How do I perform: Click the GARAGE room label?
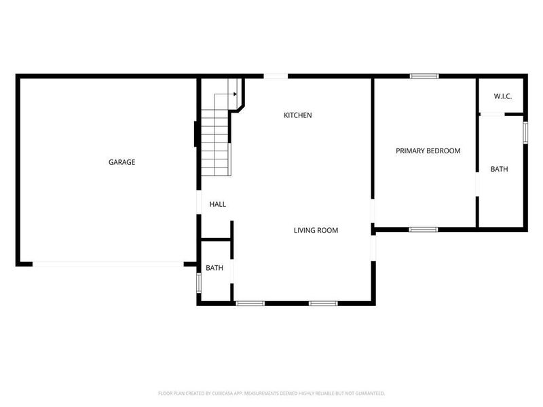point(122,162)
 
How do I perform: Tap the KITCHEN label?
point(297,115)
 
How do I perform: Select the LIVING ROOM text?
point(316,231)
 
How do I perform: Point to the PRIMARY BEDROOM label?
point(428,151)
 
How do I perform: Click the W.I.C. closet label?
point(503,97)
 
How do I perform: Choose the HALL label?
point(218,204)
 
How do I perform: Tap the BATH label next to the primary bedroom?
point(500,169)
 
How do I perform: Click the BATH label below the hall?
point(214,268)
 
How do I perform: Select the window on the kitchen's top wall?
point(276,76)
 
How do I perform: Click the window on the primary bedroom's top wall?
point(424,76)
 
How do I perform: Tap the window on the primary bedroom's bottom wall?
point(424,229)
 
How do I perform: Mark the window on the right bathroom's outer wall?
point(525,132)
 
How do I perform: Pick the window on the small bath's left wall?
point(198,283)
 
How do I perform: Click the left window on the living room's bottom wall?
point(250,303)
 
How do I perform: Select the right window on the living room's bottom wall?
point(323,303)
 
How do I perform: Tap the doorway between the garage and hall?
point(198,203)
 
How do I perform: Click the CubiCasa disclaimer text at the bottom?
point(271,393)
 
